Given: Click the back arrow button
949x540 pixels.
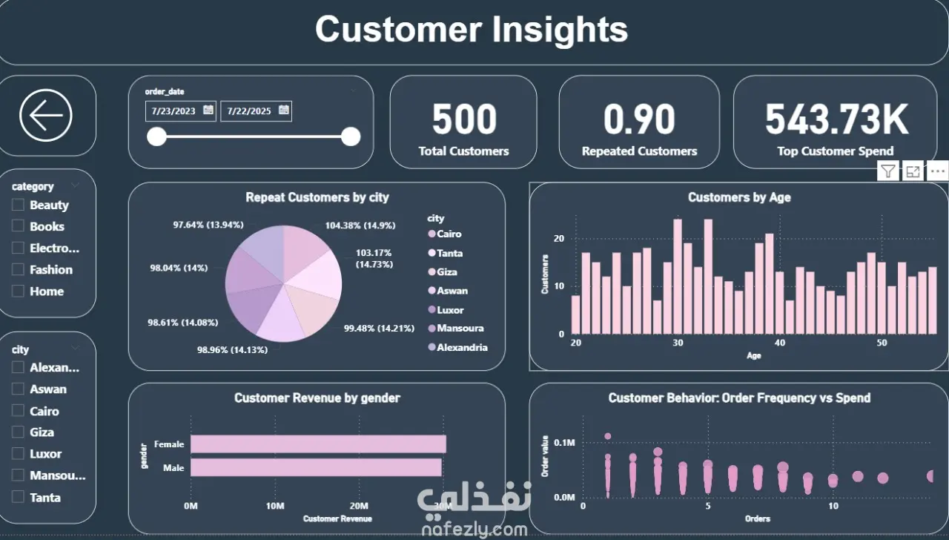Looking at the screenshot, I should [46, 116].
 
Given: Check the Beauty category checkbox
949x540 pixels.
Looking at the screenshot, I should [19, 205].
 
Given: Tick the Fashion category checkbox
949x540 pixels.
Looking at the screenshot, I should [19, 270].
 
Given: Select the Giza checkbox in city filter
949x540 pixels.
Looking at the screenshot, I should [19, 432].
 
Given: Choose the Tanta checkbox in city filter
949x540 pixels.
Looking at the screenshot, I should [19, 498].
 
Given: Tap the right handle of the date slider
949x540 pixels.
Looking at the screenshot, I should [351, 136].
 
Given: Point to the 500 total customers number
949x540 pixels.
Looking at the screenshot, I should [464, 119].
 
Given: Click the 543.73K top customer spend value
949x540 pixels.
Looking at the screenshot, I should [836, 119].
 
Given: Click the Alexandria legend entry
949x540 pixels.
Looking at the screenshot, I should [462, 347].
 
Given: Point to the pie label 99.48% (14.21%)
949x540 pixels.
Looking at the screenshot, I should [379, 329].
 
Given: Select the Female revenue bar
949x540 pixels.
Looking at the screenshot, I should [318, 444].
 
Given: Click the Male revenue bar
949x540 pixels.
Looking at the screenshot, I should [316, 467].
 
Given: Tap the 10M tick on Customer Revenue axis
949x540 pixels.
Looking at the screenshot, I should [275, 506].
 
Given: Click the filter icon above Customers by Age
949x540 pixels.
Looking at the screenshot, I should [887, 172].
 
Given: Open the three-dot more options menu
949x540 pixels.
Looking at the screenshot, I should [937, 172].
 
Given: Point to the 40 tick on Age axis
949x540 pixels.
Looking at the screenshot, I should [779, 343].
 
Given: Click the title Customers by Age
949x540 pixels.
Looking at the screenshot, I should [739, 197].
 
